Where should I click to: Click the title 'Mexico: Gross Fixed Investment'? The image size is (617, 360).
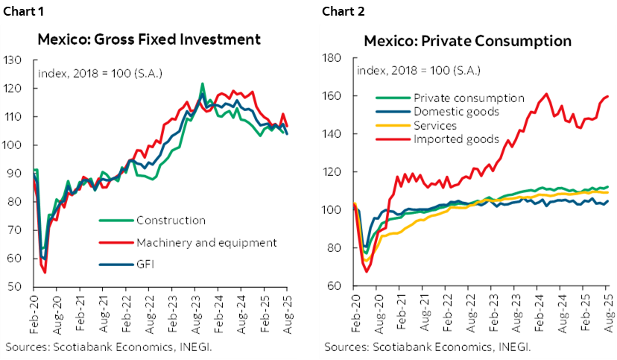tap(150, 40)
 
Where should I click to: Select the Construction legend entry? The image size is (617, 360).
tap(171, 220)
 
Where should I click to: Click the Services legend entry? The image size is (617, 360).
tap(435, 125)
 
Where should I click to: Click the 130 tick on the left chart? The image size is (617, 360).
tap(13, 60)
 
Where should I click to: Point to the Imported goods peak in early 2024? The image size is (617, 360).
tap(547, 94)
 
